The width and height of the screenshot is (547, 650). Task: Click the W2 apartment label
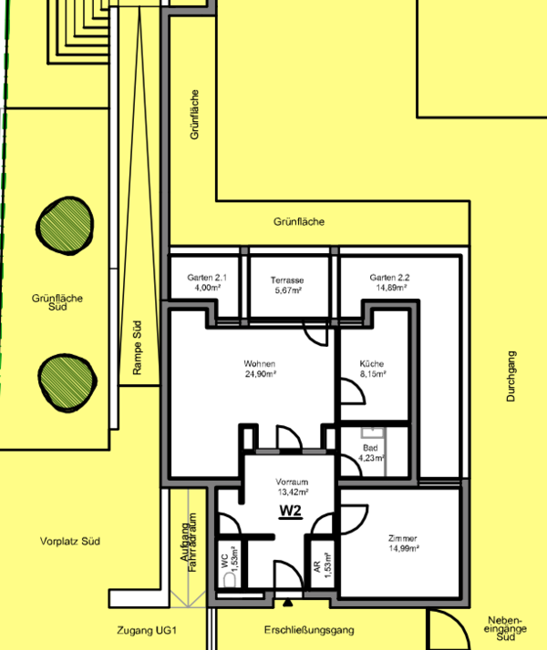pyautogui.click(x=290, y=511)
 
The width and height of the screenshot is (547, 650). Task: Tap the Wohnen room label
pyautogui.click(x=260, y=363)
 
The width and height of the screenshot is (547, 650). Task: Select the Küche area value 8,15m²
pyautogui.click(x=373, y=373)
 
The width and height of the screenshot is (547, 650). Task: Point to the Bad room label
pyautogui.click(x=370, y=448)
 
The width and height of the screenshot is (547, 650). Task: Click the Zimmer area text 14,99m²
pyautogui.click(x=404, y=548)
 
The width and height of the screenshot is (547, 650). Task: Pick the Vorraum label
pyautogui.click(x=292, y=482)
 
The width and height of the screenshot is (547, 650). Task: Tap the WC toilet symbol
pyautogui.click(x=230, y=580)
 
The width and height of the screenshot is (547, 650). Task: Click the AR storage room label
pyautogui.click(x=317, y=566)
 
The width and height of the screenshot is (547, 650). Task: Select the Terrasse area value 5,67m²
pyautogui.click(x=288, y=290)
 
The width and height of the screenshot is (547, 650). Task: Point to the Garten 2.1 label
pyautogui.click(x=207, y=278)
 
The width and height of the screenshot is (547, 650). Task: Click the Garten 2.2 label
pyautogui.click(x=389, y=278)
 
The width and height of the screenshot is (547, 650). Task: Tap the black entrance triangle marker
pyautogui.click(x=287, y=603)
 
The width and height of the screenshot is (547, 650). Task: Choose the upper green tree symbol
pyautogui.click(x=65, y=226)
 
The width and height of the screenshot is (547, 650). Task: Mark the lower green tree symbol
pyautogui.click(x=67, y=382)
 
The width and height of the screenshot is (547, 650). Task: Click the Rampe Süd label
pyautogui.click(x=137, y=348)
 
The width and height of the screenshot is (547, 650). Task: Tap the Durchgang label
pyautogui.click(x=511, y=376)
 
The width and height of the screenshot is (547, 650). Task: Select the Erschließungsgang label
pyautogui.click(x=309, y=630)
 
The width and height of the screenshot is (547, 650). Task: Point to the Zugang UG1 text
pyautogui.click(x=147, y=631)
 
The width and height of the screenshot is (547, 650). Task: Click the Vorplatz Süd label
pyautogui.click(x=70, y=541)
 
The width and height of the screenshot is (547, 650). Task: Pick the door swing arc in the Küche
pyautogui.click(x=358, y=385)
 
